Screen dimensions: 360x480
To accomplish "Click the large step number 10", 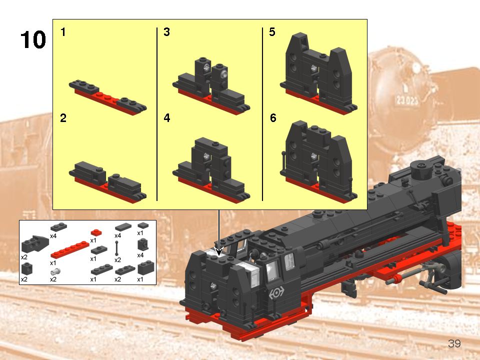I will coord(33,40).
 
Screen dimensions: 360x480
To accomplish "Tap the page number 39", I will coord(454,343).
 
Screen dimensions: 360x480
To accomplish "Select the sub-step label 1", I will coord(63,32).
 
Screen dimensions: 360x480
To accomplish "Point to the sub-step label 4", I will coord(166,118).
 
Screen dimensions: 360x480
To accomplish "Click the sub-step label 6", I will coord(272,118).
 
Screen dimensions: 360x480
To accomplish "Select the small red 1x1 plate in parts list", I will coord(96,232).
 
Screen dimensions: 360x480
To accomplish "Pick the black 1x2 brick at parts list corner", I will coord(145,268).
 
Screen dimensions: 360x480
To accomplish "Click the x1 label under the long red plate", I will coord(53,262).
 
